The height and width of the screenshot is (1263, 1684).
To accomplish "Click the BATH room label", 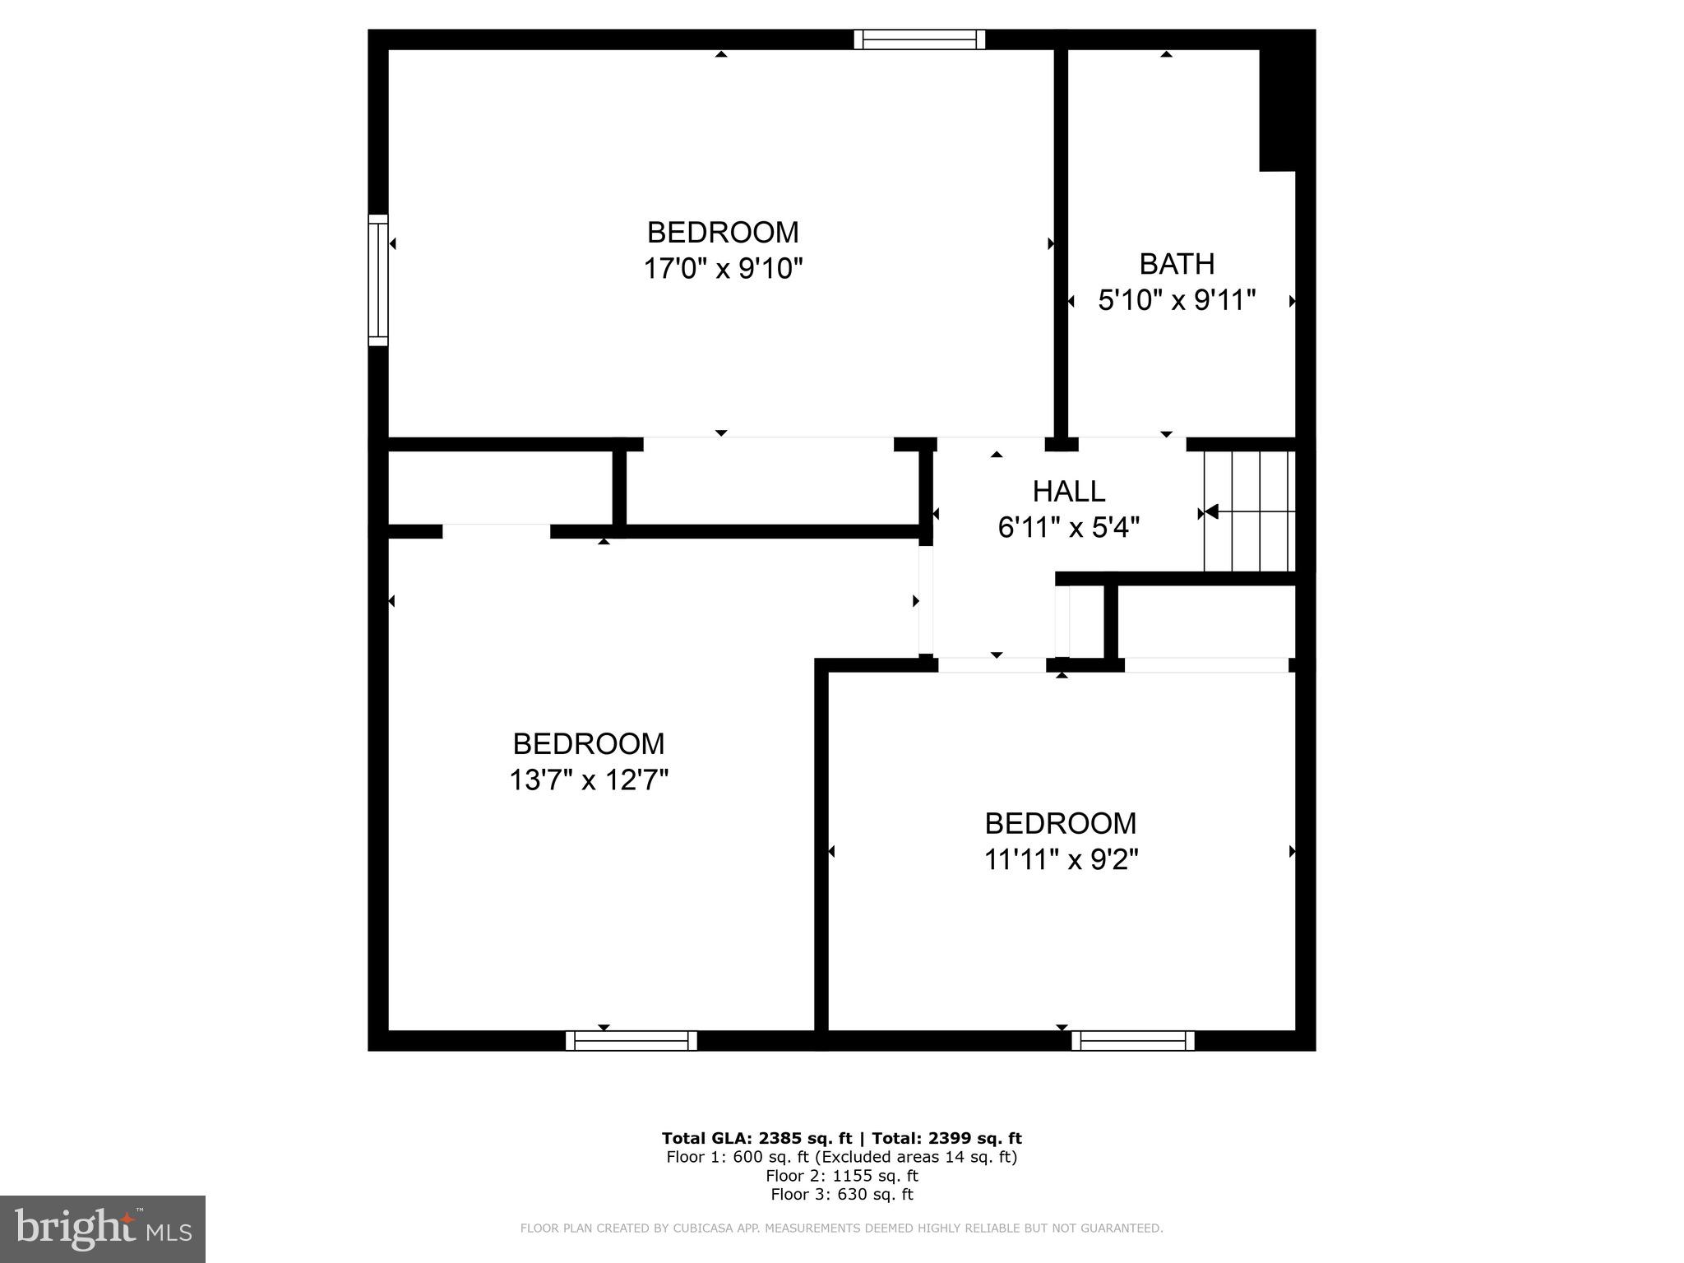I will [x=1176, y=264].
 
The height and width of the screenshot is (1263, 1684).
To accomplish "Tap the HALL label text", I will [x=1068, y=492].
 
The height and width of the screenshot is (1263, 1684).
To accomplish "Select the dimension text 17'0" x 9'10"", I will [x=722, y=269].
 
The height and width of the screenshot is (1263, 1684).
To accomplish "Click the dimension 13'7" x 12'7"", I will [x=588, y=780].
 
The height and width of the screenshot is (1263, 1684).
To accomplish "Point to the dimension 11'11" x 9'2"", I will [x=1061, y=859].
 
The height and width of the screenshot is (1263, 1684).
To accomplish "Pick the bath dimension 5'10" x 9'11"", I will [x=1176, y=300].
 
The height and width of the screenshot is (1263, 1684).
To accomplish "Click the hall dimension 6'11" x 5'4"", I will [x=1068, y=527].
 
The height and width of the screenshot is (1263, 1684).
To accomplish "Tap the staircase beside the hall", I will [x=1250, y=511].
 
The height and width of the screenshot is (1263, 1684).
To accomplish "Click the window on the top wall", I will [x=918, y=39].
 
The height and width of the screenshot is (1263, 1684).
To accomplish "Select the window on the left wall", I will [x=377, y=280].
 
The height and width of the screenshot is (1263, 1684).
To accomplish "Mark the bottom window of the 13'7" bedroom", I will [x=631, y=1041].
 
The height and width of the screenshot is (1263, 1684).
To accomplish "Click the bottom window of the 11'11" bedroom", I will [x=1132, y=1041].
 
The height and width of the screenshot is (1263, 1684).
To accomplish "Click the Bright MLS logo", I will [x=103, y=1228].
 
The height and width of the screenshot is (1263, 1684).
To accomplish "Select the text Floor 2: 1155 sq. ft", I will [x=841, y=1176].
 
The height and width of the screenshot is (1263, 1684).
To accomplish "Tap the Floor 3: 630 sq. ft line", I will [x=841, y=1195].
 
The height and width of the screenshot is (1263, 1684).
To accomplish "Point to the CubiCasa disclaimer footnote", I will [x=841, y=1228].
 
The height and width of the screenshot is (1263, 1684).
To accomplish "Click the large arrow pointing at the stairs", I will [x=1210, y=512].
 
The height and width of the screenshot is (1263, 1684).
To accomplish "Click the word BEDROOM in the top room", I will [x=722, y=233].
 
